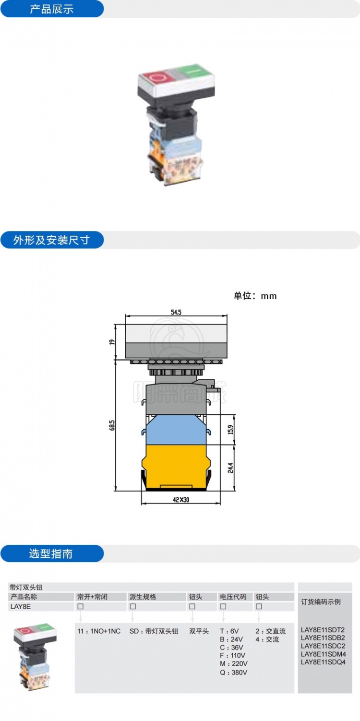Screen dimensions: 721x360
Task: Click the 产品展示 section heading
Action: click(51, 9)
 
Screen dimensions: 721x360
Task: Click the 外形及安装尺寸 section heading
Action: click(51, 240)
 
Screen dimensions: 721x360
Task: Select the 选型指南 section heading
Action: click(51, 553)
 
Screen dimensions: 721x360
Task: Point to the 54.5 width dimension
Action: click(176, 312)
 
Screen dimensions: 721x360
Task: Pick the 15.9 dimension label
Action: click(230, 429)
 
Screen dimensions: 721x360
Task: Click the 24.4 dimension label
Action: click(230, 468)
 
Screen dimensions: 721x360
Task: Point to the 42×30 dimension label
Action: click(180, 499)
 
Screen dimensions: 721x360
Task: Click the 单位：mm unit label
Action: click(255, 296)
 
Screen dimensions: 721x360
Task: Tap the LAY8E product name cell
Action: click(20, 606)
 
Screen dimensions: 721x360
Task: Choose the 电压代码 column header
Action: click(233, 597)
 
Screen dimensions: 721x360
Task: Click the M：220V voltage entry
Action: click(234, 663)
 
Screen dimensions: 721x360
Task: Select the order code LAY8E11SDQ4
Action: click(323, 662)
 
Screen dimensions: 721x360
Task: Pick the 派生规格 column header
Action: click(143, 597)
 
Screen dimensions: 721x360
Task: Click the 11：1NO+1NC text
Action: click(99, 631)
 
